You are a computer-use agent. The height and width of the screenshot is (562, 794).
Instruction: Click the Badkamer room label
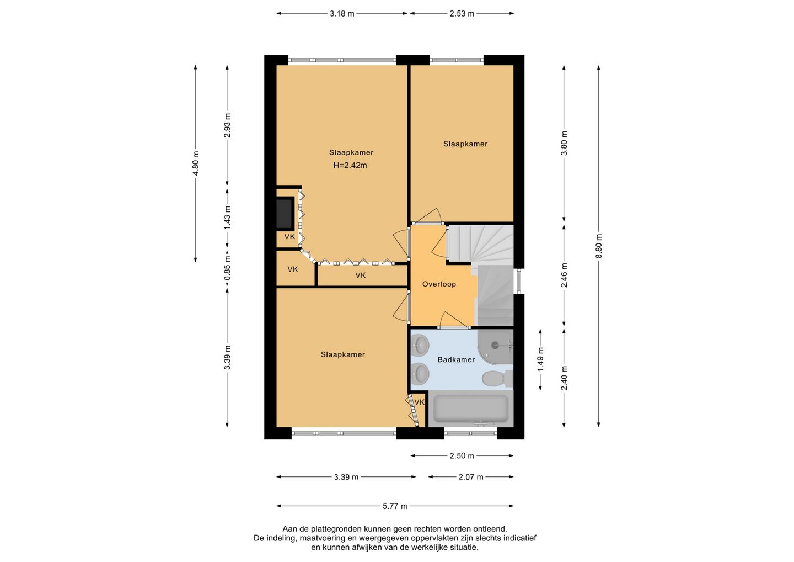456,360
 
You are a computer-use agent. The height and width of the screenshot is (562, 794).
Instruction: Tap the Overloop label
439,284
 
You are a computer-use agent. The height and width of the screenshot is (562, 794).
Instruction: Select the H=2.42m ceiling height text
350,165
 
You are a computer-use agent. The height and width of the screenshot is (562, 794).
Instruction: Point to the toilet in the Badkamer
497,379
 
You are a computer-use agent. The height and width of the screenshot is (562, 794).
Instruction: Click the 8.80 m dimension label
599,246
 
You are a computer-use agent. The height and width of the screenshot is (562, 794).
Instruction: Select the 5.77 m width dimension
395,506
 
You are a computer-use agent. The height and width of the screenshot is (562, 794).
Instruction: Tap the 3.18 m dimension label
342,14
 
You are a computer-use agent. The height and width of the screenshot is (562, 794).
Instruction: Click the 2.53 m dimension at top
462,14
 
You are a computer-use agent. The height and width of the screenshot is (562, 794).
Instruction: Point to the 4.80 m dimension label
195,163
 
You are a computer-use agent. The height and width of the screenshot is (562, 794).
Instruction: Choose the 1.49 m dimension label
540,359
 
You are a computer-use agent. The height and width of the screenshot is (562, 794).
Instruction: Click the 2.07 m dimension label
471,477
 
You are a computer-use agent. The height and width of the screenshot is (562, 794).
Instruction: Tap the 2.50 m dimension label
462,456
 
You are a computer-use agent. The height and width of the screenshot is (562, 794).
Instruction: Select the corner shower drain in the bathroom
495,344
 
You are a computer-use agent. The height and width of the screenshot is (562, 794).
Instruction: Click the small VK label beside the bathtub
419,402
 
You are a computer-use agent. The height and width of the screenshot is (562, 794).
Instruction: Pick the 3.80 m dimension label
564,144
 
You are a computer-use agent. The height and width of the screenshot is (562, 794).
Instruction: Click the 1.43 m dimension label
227,218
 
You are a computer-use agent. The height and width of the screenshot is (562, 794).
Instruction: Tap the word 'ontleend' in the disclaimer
492,529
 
